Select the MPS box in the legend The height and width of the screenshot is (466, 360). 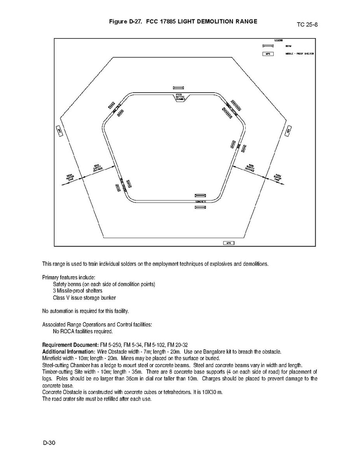tap(267, 54)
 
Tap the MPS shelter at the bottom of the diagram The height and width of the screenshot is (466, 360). tap(229, 243)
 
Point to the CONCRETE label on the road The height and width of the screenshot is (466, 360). tap(201, 201)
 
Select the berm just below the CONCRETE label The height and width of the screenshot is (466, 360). tap(201, 208)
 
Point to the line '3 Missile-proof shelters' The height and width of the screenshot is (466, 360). tap(78, 291)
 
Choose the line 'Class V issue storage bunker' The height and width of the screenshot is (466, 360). tap(84, 298)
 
